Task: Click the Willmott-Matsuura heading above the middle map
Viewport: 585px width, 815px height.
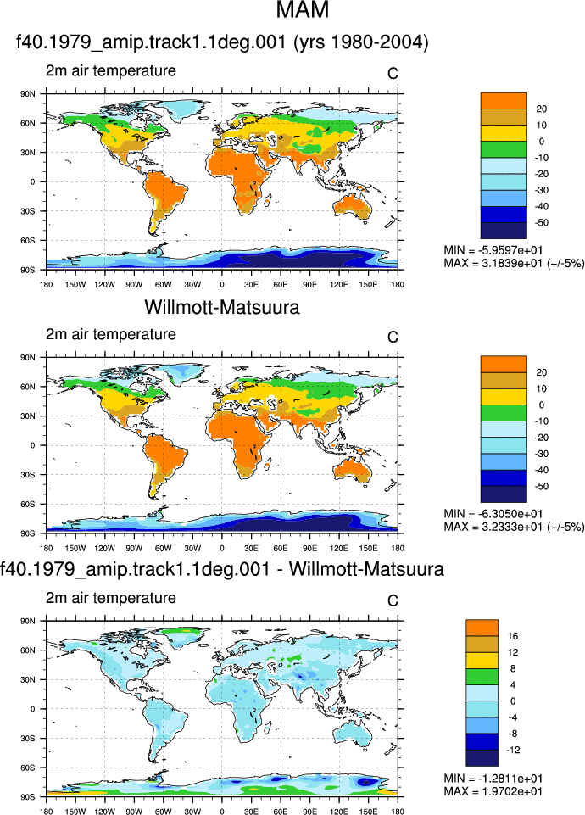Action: (x=222, y=307)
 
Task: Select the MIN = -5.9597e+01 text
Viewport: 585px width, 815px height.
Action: (x=493, y=250)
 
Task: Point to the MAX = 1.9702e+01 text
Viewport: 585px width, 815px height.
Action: (x=493, y=791)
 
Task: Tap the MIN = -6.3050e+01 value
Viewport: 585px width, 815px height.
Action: (x=493, y=514)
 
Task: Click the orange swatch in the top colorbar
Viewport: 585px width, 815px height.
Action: (x=504, y=100)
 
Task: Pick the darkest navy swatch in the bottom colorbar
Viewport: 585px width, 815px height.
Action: (x=482, y=758)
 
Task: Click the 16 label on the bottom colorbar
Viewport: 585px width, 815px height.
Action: (x=513, y=636)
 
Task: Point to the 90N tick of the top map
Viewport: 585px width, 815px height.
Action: (x=28, y=94)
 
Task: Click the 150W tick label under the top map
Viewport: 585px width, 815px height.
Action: (x=75, y=285)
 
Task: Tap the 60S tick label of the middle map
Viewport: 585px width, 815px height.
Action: (x=28, y=504)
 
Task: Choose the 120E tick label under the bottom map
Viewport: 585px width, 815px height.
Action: (x=339, y=812)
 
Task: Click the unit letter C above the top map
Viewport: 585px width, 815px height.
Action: (x=393, y=74)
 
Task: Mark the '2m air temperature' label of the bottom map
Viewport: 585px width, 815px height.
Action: (x=111, y=598)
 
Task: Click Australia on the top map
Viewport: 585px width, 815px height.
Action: (x=353, y=206)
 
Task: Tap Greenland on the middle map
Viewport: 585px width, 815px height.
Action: (x=181, y=373)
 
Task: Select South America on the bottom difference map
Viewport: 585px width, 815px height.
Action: (x=162, y=723)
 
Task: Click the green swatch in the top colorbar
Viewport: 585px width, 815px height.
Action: (x=504, y=149)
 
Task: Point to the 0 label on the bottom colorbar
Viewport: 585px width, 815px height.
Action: (x=513, y=701)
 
